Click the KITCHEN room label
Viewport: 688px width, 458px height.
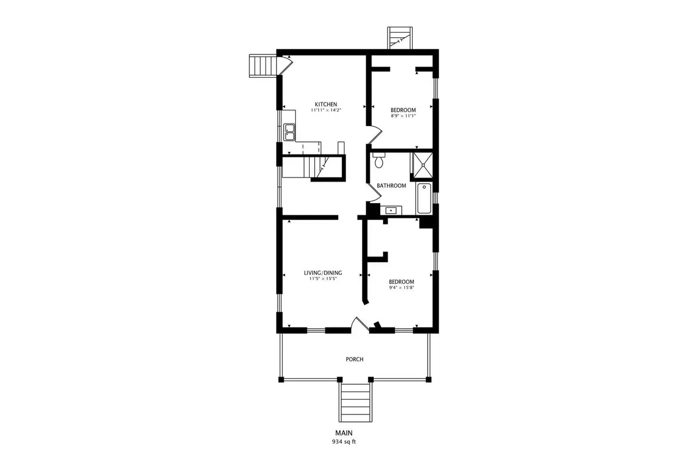click(326, 104)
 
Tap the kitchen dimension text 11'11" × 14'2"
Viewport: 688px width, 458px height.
click(326, 110)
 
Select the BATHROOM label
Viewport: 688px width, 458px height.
click(391, 185)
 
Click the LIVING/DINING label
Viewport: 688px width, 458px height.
click(323, 273)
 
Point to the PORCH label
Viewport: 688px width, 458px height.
click(354, 359)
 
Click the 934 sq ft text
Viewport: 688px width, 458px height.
click(343, 442)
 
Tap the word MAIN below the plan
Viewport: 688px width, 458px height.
click(343, 433)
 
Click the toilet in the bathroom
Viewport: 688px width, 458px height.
click(379, 160)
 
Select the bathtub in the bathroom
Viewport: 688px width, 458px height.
click(424, 198)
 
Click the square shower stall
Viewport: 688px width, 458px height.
click(423, 165)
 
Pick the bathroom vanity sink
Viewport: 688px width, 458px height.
click(391, 211)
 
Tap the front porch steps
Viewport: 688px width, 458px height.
click(355, 402)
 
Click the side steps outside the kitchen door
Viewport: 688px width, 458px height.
click(264, 66)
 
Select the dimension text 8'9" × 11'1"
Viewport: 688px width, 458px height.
click(403, 116)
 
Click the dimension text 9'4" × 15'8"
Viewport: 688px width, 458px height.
click(402, 288)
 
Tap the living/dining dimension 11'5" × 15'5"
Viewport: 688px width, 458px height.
click(323, 279)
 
